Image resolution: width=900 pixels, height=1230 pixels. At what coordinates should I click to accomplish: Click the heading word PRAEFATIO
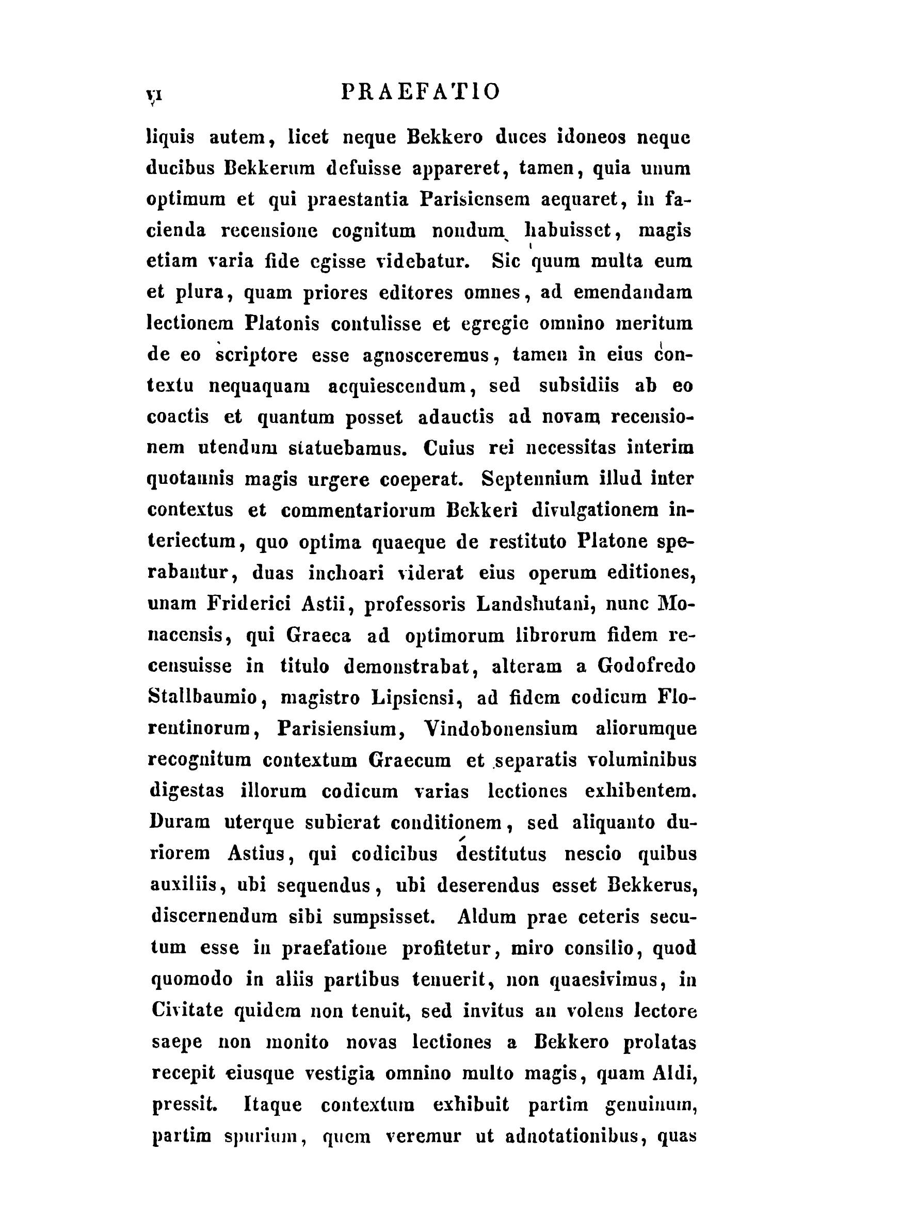click(x=420, y=91)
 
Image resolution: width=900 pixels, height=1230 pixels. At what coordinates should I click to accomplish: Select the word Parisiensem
click(x=475, y=199)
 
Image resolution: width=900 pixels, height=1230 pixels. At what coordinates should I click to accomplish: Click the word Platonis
click(x=281, y=324)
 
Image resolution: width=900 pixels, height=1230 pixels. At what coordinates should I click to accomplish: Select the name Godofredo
click(x=647, y=667)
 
